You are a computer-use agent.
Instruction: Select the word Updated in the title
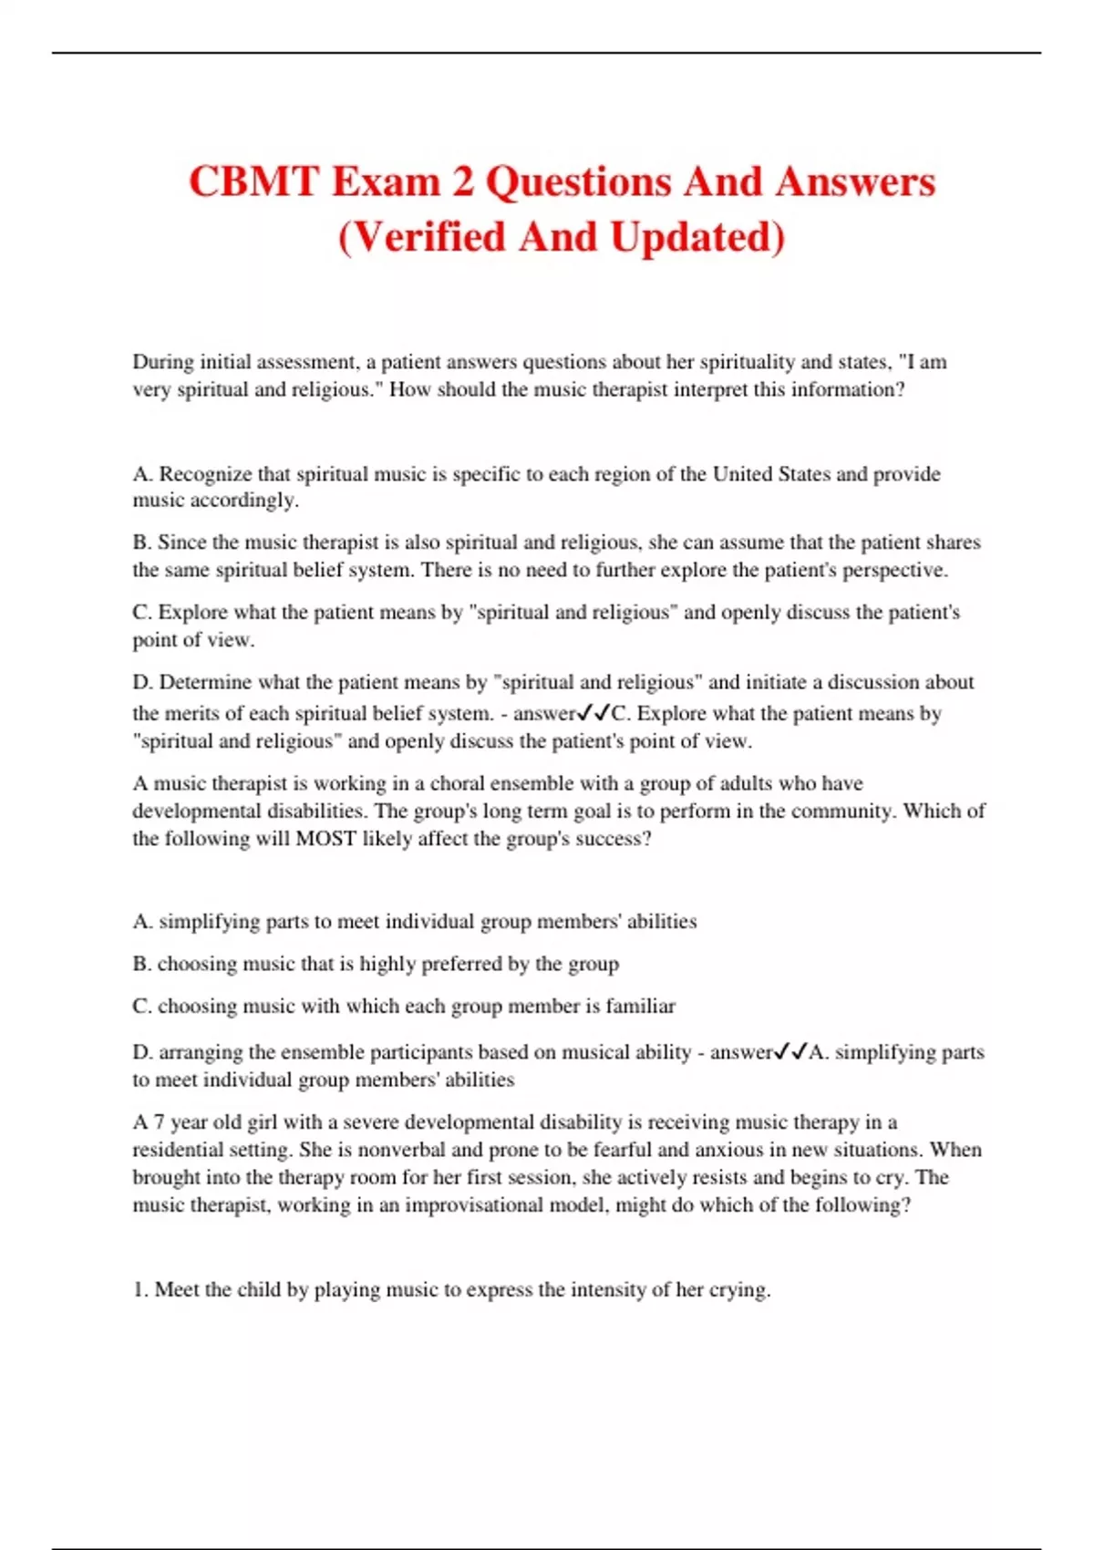click(x=697, y=237)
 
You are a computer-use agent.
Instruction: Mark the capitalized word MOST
click(x=325, y=839)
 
